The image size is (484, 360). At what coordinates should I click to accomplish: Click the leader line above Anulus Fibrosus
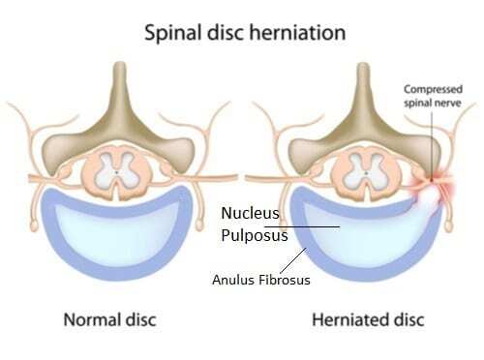click(x=295, y=258)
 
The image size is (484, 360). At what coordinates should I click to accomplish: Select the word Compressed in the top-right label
click(x=431, y=88)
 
